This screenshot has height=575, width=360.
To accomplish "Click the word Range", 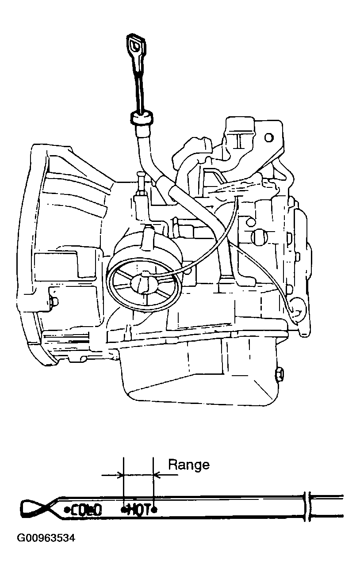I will (188, 465).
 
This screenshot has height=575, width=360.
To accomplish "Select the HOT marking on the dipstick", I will (139, 510).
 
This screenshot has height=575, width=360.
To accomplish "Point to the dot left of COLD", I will (67, 510).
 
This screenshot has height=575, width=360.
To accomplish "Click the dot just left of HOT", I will (124, 510).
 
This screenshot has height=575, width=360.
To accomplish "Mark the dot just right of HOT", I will (154, 510).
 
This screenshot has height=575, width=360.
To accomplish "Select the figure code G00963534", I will (46, 538).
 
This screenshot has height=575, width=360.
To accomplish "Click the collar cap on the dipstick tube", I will (142, 119).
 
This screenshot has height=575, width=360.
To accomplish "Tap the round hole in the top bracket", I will (268, 137).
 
